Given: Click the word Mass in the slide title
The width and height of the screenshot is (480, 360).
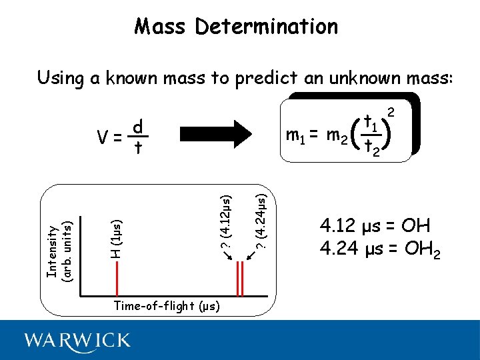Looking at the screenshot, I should click(161, 27).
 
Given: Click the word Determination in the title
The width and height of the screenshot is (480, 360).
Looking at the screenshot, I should click(267, 27).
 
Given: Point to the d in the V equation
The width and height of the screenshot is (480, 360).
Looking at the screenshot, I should click(138, 126).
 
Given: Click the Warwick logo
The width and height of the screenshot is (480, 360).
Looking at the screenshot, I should click(77, 341).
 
